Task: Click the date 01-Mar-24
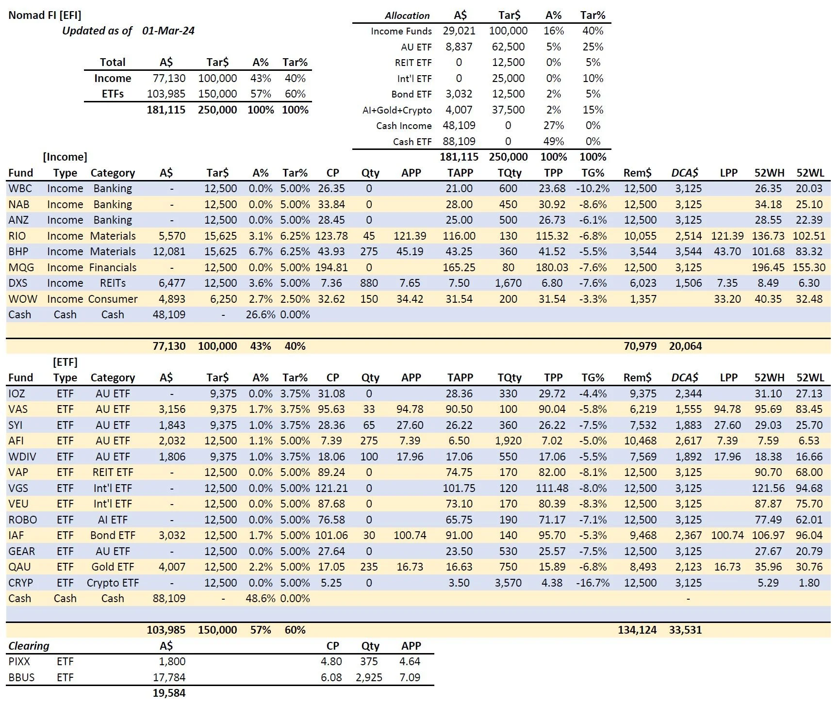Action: [x=168, y=31]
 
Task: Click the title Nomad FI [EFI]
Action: [x=45, y=15]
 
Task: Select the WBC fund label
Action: [x=20, y=188]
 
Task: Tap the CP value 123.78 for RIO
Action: [x=331, y=236]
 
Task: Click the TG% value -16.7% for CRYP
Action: [x=593, y=583]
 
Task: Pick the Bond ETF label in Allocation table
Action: [x=411, y=94]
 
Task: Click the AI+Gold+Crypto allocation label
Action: [x=397, y=110]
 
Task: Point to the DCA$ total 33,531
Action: [x=685, y=630]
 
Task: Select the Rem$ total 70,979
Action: [x=640, y=346]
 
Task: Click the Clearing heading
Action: [x=29, y=646]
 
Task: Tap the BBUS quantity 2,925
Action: [x=369, y=677]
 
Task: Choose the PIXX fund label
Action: [x=19, y=661]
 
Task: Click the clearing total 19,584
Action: [x=169, y=693]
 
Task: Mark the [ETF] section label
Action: [x=65, y=362]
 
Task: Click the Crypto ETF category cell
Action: [x=113, y=583]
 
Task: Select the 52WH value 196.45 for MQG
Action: [x=768, y=267]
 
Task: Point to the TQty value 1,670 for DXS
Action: [x=508, y=283]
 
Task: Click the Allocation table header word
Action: [x=407, y=16]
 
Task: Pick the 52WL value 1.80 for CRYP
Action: [x=809, y=583]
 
